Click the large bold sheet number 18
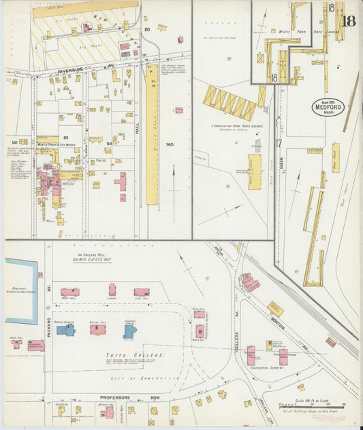(348, 20)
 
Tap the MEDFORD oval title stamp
(329, 107)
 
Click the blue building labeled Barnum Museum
(65, 329)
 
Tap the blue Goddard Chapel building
(130, 331)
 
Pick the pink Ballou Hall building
(98, 329)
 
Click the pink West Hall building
(69, 292)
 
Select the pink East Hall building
(141, 292)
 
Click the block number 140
(170, 144)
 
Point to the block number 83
(66, 137)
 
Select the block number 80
(147, 30)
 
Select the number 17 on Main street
(279, 143)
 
